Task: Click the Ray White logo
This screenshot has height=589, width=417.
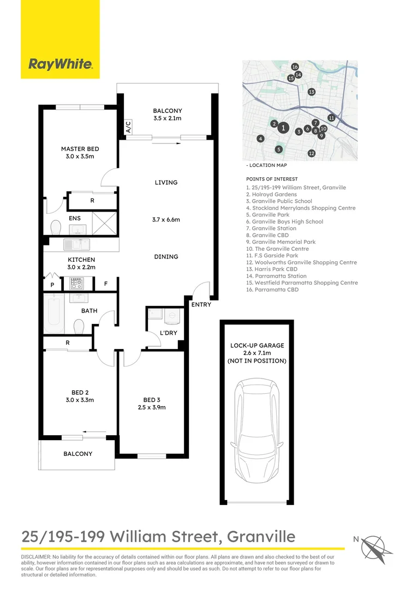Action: [x=60, y=64]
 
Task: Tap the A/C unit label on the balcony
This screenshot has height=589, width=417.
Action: [x=128, y=128]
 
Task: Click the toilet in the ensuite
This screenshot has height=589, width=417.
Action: [x=56, y=226]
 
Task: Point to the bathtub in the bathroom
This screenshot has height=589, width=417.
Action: [x=54, y=315]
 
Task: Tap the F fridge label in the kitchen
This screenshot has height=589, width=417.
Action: [x=105, y=284]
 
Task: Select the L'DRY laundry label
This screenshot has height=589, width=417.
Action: [x=168, y=333]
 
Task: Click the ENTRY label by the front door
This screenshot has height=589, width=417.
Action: [x=201, y=304]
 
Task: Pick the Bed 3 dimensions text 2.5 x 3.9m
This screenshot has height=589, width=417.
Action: [x=151, y=407]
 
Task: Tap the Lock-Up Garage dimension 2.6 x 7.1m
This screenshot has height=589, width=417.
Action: [x=257, y=353]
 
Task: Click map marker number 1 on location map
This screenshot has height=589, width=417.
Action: [x=283, y=128]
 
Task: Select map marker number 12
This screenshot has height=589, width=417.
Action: [x=311, y=153]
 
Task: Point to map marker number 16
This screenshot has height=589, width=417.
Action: [x=295, y=67]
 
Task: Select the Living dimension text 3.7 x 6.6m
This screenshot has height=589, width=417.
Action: [x=166, y=220]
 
